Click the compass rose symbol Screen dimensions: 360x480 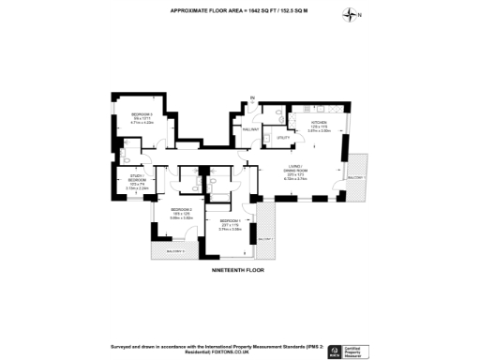tap(351, 14)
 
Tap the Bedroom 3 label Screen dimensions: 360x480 tap(143, 113)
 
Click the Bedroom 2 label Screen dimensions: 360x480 tap(182, 210)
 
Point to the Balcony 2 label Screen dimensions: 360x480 tap(266, 239)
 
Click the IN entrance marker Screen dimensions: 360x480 tap(251, 97)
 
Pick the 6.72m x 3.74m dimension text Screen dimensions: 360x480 tap(297, 178)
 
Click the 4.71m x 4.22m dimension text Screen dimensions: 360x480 tap(143, 122)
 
